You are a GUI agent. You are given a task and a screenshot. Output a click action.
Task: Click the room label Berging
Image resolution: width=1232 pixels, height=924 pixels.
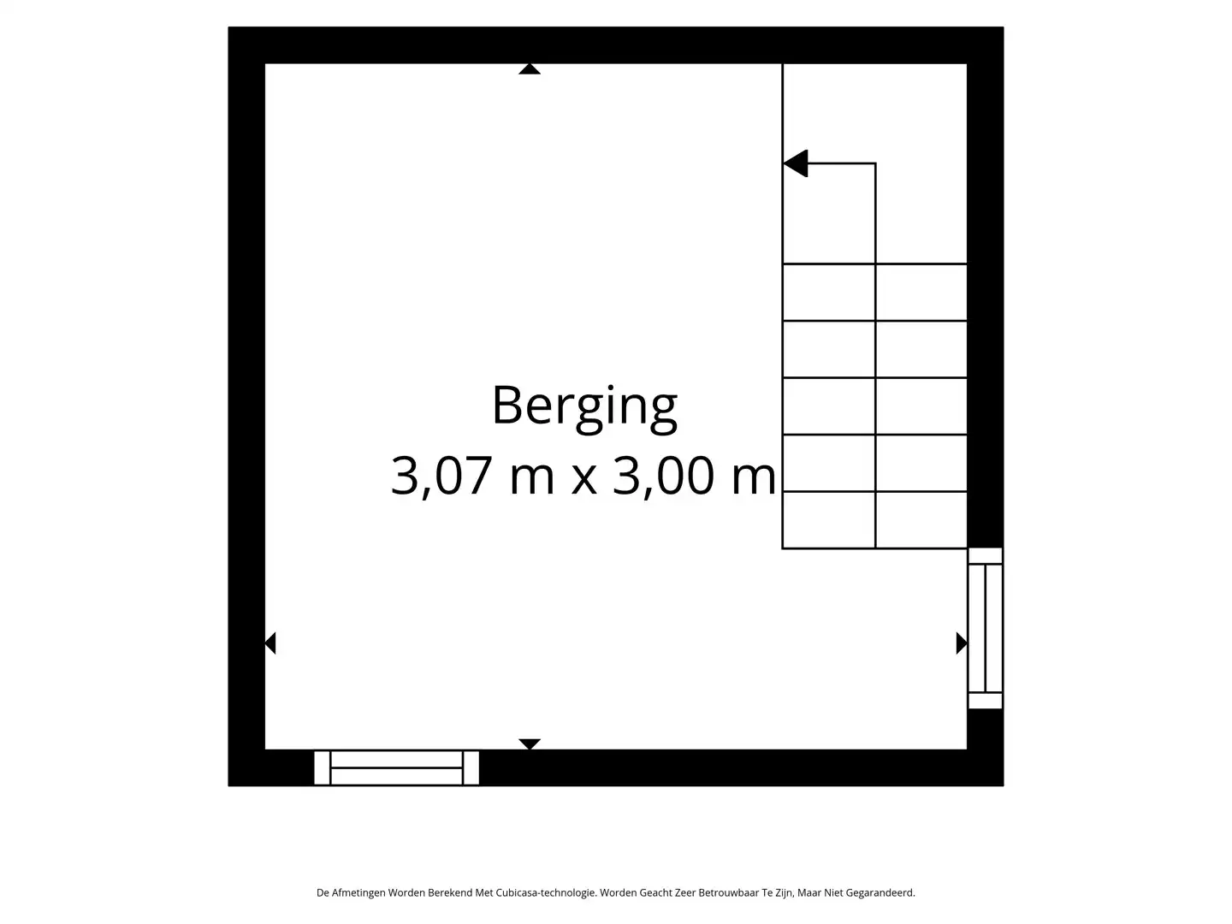point(584,408)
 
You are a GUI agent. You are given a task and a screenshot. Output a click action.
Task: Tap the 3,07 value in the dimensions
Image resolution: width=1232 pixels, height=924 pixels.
point(441,477)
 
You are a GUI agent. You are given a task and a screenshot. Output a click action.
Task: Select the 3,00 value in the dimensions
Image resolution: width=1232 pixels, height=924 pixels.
point(663,477)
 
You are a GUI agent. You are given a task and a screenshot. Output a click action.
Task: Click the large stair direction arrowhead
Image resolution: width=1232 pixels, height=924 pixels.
point(796,163)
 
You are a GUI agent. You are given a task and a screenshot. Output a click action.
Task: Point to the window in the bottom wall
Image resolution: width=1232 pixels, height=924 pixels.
point(396,767)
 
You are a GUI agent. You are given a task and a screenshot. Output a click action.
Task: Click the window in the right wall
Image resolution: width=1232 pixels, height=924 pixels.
point(985,628)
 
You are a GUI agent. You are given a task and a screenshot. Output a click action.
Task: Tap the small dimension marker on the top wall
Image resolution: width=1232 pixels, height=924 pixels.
point(530,69)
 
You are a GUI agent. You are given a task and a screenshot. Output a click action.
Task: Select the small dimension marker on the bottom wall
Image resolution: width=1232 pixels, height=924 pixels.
point(530,744)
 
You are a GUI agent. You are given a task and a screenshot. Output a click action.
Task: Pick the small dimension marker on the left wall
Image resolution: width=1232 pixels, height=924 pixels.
point(270,643)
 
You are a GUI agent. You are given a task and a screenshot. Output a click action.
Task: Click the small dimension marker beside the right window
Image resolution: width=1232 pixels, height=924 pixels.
point(962,643)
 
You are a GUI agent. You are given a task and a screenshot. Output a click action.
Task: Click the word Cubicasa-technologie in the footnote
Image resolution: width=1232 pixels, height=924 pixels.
point(545,892)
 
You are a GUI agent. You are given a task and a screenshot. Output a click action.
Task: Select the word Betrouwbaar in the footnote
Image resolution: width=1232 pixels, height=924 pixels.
point(728,892)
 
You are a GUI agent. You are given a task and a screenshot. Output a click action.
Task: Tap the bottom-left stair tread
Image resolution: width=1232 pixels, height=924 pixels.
point(829,519)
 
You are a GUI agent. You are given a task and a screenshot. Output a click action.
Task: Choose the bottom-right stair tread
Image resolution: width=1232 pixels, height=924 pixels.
point(921,519)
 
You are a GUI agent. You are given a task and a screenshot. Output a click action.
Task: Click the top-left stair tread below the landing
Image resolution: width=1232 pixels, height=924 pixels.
point(829,293)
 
